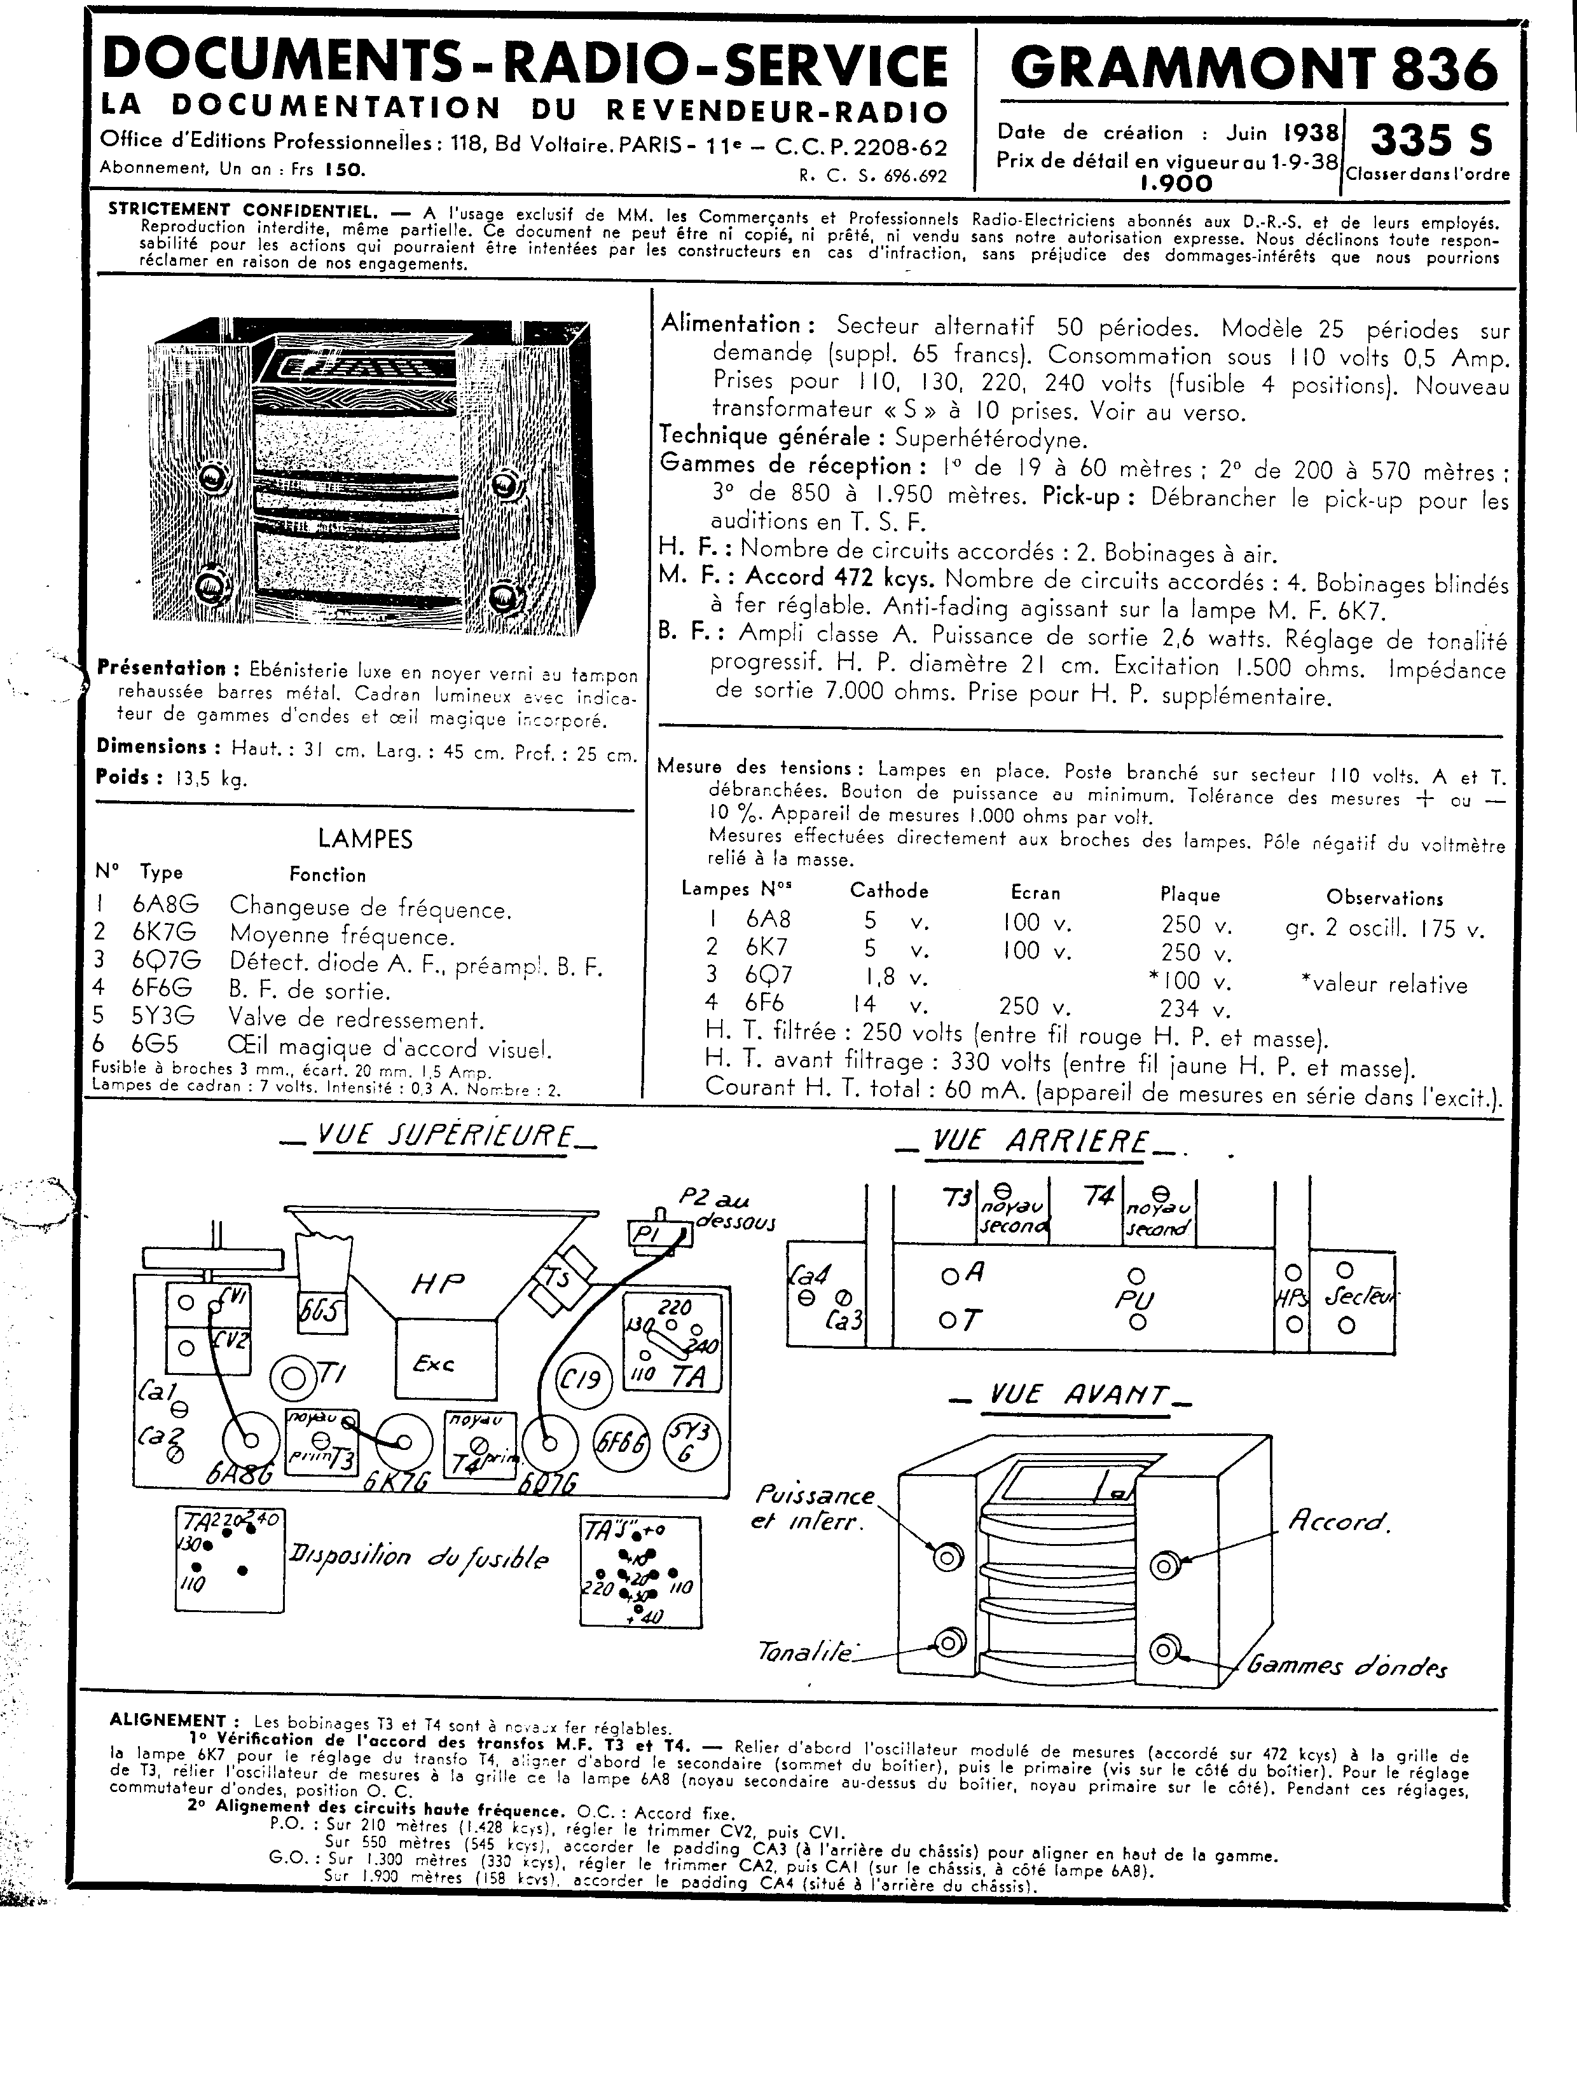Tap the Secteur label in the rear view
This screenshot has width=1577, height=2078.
click(x=1360, y=1297)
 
